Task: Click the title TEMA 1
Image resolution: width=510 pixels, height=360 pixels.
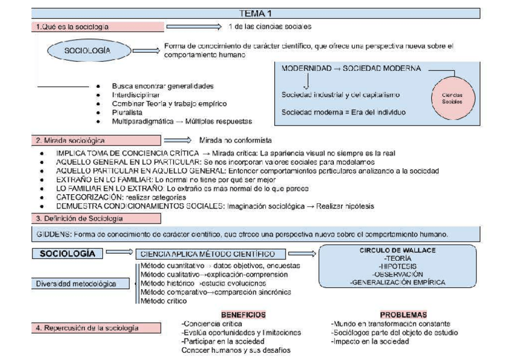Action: [255, 13]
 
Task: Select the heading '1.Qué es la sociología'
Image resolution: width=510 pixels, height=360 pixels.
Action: [72, 26]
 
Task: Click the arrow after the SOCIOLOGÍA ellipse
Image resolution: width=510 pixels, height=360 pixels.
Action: [145, 51]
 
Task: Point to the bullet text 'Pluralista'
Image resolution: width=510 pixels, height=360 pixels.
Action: [127, 111]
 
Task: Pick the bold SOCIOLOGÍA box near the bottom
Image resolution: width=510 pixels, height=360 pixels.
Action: [67, 254]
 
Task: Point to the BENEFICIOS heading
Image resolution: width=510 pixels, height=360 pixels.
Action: [243, 314]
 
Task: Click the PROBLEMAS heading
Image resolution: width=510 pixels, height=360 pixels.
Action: [403, 314]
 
